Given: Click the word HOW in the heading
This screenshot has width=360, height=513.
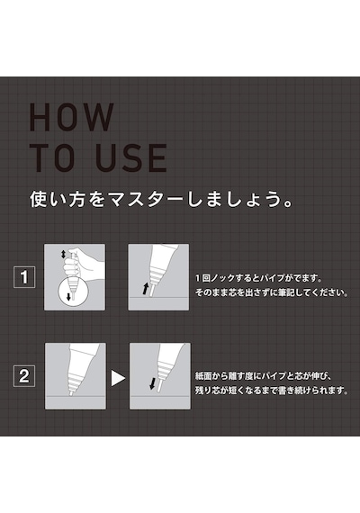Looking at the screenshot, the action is pyautogui.click(x=72, y=117).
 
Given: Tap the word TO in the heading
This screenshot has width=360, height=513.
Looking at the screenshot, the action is pyautogui.click(x=53, y=158).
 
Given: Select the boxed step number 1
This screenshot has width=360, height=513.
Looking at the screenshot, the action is pyautogui.click(x=24, y=277).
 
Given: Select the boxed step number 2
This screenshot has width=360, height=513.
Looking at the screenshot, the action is pyautogui.click(x=24, y=376).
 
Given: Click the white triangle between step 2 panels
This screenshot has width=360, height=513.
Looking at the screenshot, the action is pyautogui.click(x=118, y=378).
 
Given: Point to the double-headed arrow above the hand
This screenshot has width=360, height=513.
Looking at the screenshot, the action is pyautogui.click(x=64, y=254).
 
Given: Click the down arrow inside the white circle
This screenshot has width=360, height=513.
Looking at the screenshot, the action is pyautogui.click(x=68, y=296).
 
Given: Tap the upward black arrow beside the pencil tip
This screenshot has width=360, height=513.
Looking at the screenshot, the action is pyautogui.click(x=145, y=289).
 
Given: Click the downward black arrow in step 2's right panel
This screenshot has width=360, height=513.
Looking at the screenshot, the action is pyautogui.click(x=152, y=383).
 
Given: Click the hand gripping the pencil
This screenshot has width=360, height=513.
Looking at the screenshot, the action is pyautogui.click(x=84, y=264).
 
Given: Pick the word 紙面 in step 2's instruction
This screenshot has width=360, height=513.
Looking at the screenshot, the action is pyautogui.click(x=202, y=376).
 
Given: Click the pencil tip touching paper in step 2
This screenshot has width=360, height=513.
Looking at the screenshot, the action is pyautogui.click(x=71, y=393).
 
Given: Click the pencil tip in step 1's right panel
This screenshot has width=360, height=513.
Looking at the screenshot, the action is pyautogui.click(x=151, y=291).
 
